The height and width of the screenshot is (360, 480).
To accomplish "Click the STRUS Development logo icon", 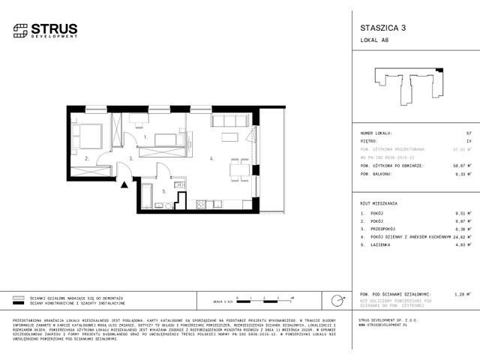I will [x=19, y=31].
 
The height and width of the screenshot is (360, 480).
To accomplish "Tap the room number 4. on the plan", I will [x=212, y=158].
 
